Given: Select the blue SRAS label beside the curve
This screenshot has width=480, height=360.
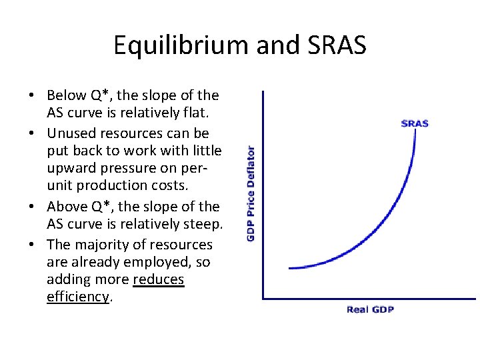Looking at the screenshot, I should (414, 123).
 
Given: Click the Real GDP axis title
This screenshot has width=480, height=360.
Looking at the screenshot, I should (370, 310).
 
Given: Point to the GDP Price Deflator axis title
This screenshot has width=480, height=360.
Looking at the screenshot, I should (251, 193).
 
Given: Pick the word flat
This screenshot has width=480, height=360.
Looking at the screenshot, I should (204, 113).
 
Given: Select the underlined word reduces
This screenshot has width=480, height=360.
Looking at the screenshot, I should (159, 279).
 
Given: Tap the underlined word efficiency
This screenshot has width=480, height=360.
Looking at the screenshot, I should (77, 297).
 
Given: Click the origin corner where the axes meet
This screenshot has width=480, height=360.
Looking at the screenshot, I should (263, 298).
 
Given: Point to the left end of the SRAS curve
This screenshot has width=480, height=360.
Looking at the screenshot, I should (290, 268).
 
